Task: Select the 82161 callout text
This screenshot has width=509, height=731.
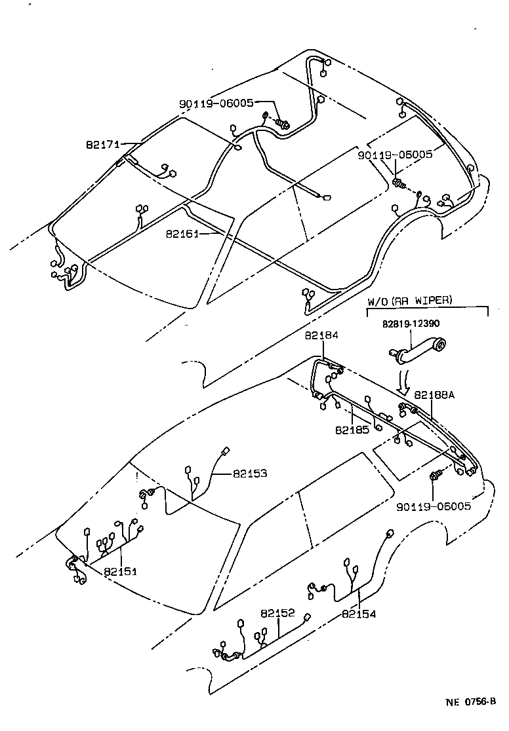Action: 182,233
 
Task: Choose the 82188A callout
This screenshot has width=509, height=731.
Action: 434,396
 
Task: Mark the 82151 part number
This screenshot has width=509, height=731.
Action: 120,571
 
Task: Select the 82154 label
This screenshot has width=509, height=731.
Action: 358,614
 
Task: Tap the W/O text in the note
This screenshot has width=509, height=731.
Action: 378,302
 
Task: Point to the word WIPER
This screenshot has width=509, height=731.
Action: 434,302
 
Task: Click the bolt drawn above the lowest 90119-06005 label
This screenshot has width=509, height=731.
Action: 435,476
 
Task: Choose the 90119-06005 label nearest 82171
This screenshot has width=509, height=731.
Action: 216,103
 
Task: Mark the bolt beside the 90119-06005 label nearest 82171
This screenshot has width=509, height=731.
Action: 282,122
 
